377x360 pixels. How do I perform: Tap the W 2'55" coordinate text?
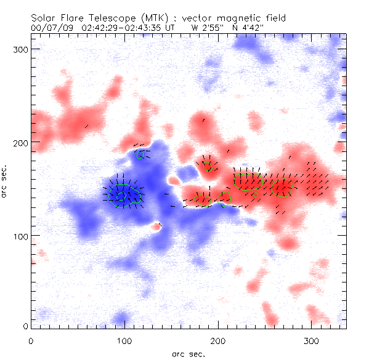[x=207, y=28]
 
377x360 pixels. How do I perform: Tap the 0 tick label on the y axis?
[x=25, y=326]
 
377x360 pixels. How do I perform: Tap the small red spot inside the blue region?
[x=156, y=226]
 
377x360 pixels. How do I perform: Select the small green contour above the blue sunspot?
[x=141, y=155]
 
